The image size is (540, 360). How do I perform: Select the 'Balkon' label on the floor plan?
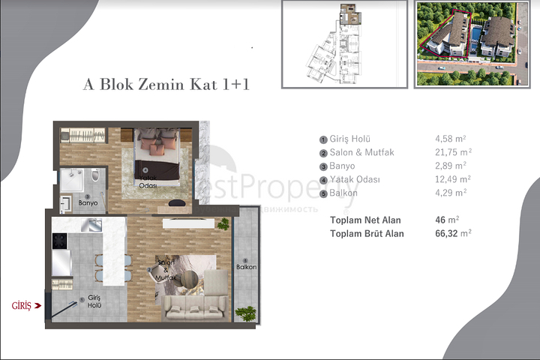(246, 267)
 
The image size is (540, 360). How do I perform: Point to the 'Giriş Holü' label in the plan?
(94, 301)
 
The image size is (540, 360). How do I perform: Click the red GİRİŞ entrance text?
(21, 306)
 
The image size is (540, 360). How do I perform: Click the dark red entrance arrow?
(37, 306)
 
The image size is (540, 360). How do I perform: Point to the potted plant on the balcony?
(243, 312)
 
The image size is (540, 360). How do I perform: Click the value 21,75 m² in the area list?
(452, 152)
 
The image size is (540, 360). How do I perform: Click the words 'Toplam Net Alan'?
(365, 220)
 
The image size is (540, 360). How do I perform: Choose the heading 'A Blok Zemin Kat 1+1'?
(166, 84)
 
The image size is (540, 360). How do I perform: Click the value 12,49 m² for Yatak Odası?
(452, 179)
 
